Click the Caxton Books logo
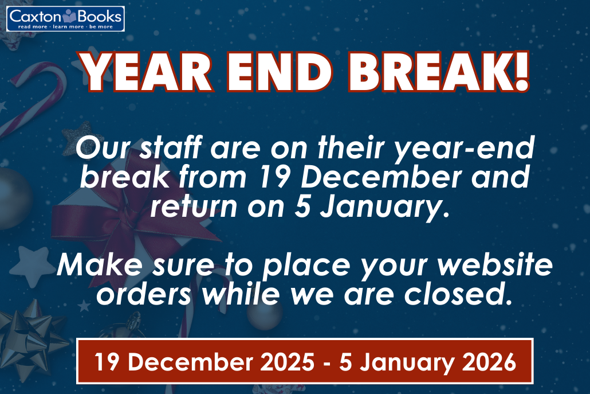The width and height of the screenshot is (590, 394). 65,19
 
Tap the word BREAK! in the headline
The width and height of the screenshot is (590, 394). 439,72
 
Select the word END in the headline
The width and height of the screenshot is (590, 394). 280,72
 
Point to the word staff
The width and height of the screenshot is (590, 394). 170,147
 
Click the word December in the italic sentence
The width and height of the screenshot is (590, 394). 381,177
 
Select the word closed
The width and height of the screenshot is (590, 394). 458,294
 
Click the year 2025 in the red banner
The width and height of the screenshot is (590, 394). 288,362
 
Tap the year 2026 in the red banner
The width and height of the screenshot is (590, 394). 489,362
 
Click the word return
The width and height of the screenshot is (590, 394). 194,206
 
